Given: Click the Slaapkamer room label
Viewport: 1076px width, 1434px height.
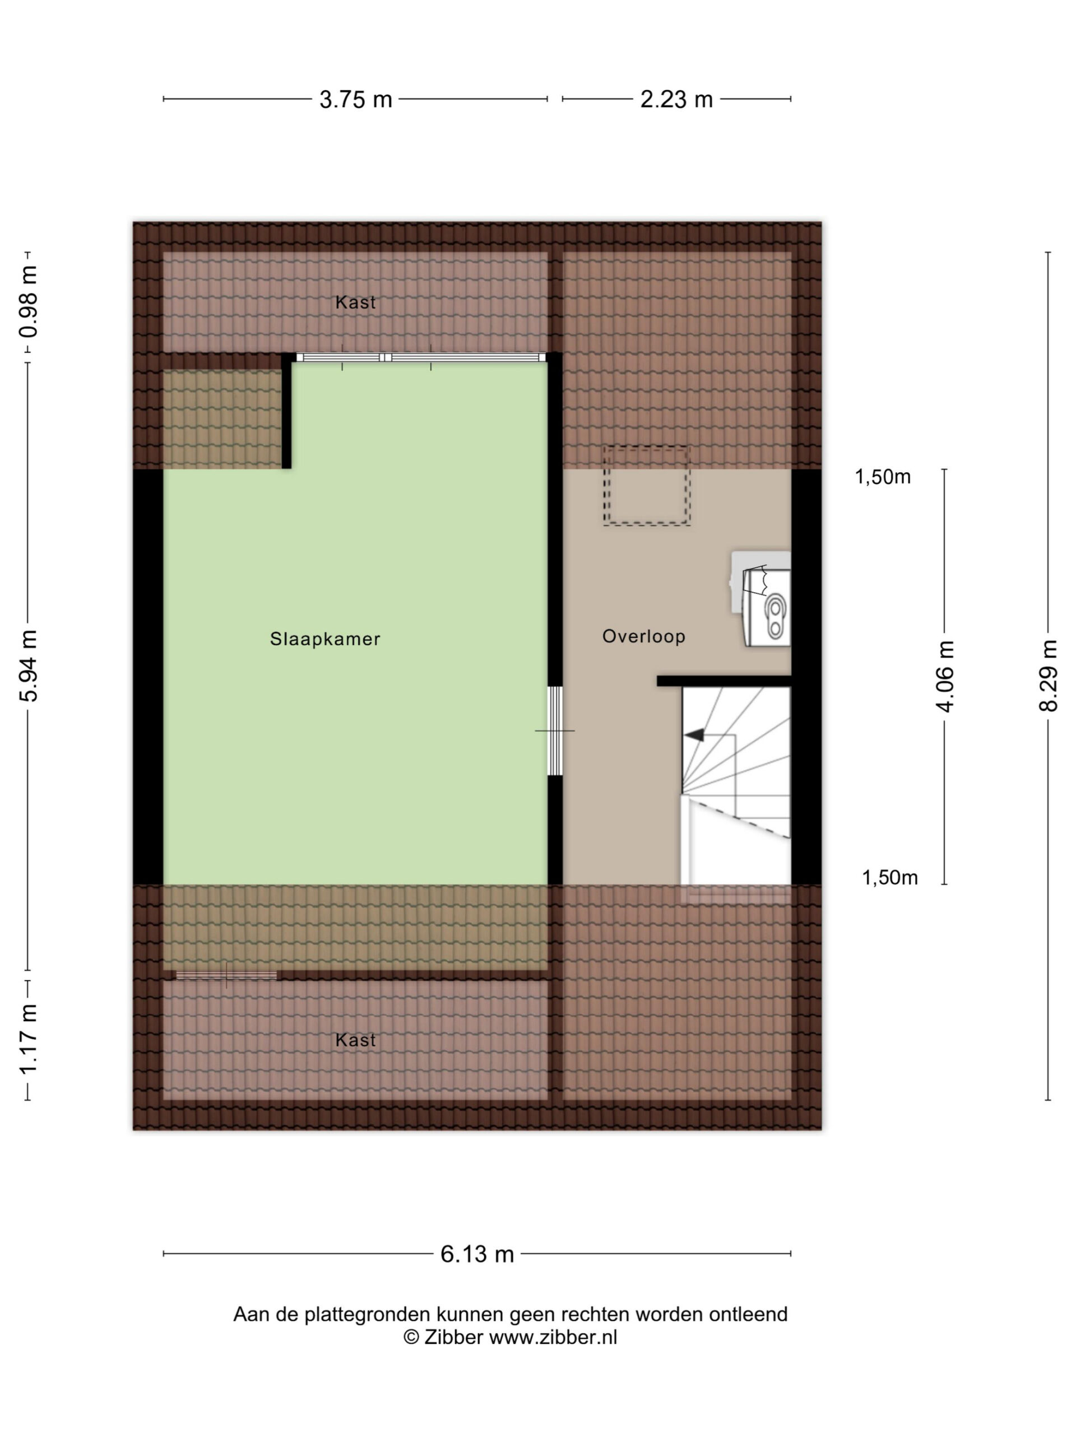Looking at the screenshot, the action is (325, 639).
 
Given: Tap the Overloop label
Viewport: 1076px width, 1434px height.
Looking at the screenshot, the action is (643, 636).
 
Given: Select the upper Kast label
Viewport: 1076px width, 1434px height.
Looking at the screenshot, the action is (355, 302).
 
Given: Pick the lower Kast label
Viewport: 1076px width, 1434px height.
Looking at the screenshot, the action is (355, 1040).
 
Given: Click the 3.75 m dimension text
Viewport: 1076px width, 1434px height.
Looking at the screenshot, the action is (355, 99).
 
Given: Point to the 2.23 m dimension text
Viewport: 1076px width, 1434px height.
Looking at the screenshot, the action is (676, 99).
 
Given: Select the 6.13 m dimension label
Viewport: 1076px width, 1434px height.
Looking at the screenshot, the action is (477, 1254).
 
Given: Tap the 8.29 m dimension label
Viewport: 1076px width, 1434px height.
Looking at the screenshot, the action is (1048, 676).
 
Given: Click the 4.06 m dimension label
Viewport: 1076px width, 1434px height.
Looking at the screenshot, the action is (945, 676).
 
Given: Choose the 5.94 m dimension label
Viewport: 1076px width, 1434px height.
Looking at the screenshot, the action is (29, 666).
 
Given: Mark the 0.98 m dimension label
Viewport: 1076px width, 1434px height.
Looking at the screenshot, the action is (29, 301).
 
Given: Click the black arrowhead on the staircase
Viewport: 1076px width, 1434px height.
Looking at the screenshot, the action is (694, 735).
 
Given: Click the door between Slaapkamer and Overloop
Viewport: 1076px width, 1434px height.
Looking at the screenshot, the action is (555, 730).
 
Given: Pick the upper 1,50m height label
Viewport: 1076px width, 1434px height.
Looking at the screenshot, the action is (882, 477).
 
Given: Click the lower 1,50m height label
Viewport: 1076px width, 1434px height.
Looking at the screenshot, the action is (889, 878).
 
